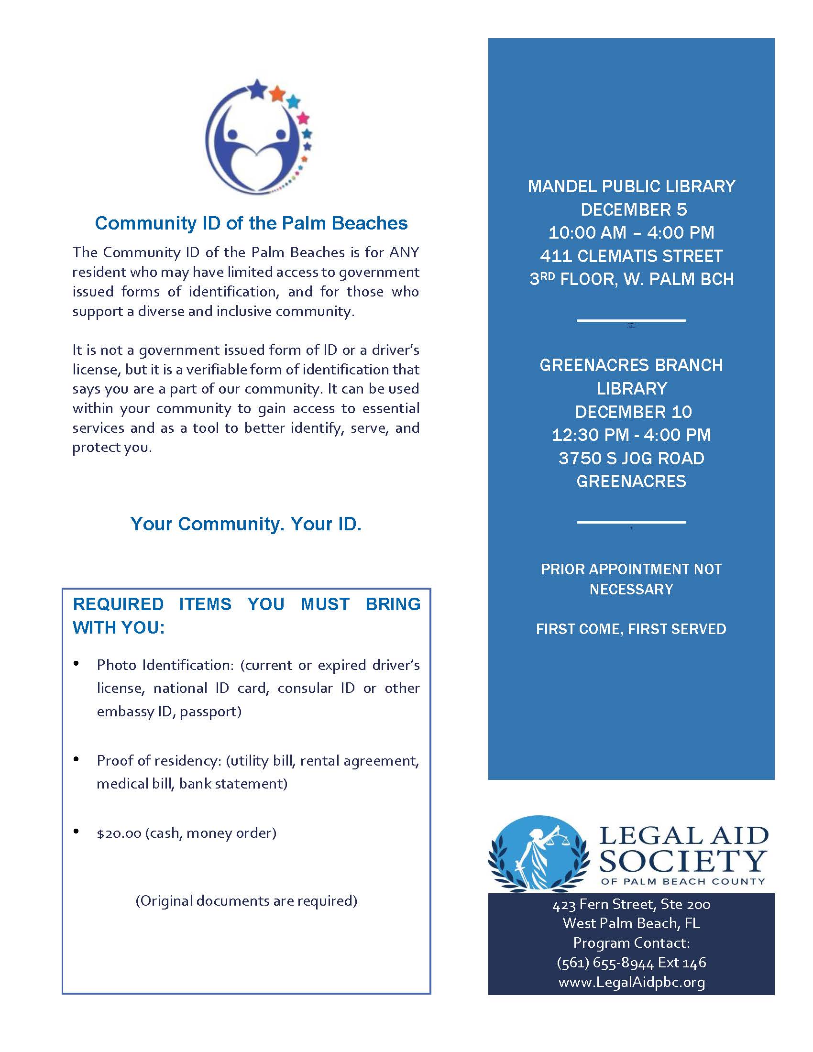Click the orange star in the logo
[278, 93]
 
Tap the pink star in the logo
[302, 118]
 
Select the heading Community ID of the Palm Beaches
[251, 223]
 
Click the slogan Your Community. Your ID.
[246, 524]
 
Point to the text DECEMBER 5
[633, 209]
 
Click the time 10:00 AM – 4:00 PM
[631, 233]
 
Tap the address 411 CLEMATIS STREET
[631, 256]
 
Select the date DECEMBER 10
[633, 412]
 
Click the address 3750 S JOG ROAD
[631, 458]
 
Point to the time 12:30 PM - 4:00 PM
[631, 435]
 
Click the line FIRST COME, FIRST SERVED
[631, 629]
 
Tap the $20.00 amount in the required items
[119, 833]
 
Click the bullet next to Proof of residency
[76, 760]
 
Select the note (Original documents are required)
[246, 901]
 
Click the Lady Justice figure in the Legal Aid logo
[538, 859]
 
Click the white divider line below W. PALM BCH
[631, 320]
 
